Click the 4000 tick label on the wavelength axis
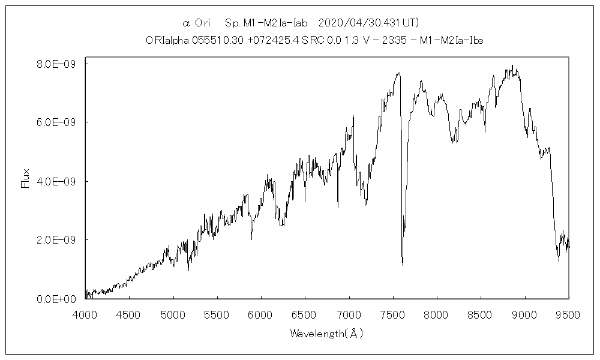click(85, 314)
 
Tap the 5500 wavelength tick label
click(217, 314)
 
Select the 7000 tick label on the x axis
click(349, 314)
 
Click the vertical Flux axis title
click(25, 178)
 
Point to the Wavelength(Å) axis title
click(326, 333)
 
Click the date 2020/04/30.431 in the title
click(367, 23)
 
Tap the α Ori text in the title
click(197, 23)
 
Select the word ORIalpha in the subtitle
click(166, 41)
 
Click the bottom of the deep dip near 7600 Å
click(403, 264)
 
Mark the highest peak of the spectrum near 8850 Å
click(512, 65)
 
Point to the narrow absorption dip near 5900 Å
click(251, 239)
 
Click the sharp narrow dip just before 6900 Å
click(338, 207)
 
